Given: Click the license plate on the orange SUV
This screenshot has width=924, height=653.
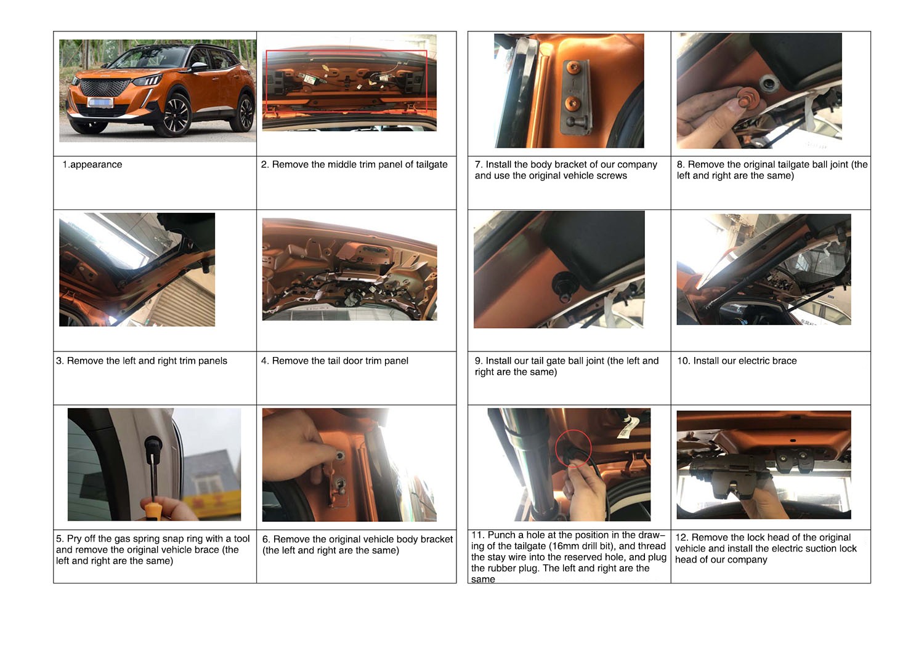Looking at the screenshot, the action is click(x=100, y=103).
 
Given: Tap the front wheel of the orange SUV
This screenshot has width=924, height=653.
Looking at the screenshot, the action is click(x=178, y=115).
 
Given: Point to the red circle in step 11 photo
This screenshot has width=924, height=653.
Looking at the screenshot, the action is click(x=573, y=449).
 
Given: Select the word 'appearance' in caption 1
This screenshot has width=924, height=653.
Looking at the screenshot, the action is click(x=96, y=164).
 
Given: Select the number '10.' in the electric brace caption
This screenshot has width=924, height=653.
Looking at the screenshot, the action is click(x=684, y=361).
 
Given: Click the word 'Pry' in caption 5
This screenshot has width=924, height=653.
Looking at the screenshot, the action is click(x=75, y=539).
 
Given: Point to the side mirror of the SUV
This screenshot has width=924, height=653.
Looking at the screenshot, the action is click(x=199, y=66).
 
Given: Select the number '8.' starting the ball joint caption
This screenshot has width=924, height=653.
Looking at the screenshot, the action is click(x=681, y=164).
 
